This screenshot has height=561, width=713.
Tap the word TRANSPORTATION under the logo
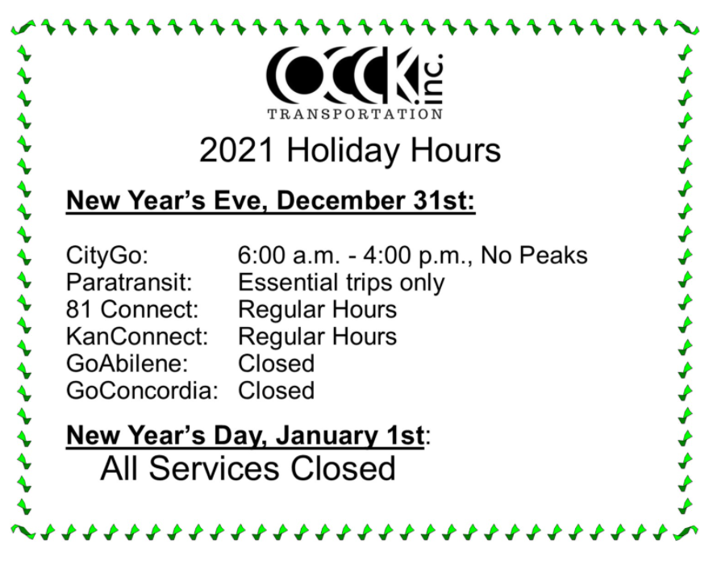[x=355, y=114]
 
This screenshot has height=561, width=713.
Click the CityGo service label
[x=107, y=257]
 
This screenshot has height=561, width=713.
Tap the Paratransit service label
[x=128, y=283]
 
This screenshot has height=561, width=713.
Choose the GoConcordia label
[x=143, y=391]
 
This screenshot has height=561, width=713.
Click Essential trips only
[x=341, y=283]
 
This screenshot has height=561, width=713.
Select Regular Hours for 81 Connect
[x=317, y=310]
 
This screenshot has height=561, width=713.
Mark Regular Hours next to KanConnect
[x=317, y=337]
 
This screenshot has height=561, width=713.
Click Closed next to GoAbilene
[x=276, y=363]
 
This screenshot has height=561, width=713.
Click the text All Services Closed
[x=248, y=468]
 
